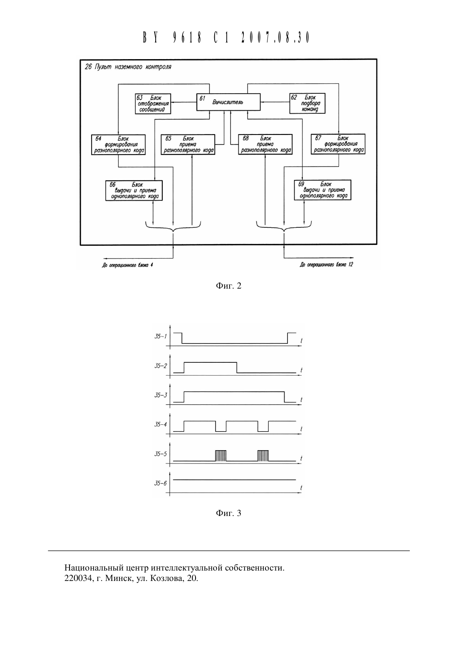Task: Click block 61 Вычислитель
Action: [228, 102]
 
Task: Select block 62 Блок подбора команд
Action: [307, 103]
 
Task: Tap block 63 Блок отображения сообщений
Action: [153, 104]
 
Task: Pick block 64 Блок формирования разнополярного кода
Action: [118, 145]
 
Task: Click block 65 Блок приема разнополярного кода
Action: [188, 144]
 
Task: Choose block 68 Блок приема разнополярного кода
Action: [265, 144]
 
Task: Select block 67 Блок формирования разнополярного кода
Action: [338, 144]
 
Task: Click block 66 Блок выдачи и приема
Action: [134, 190]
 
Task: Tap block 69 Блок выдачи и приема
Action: [322, 190]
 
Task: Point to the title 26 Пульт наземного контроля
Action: [128, 67]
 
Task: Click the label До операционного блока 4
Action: [127, 265]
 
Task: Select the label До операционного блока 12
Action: [326, 264]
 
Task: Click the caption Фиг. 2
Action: [228, 286]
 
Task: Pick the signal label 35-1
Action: [161, 336]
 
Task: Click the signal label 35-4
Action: [161, 424]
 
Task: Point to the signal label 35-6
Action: [161, 483]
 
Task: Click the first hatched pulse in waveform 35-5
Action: [221, 456]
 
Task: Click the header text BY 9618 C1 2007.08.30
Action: [226, 37]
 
